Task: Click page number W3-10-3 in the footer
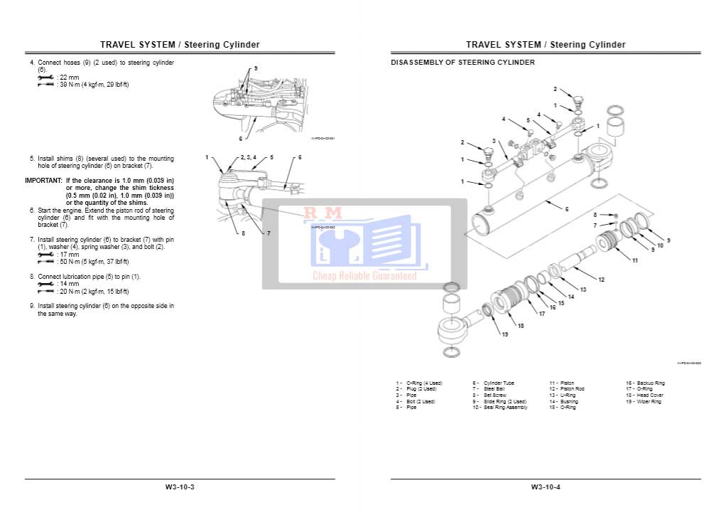click(180, 487)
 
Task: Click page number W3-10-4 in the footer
click(545, 487)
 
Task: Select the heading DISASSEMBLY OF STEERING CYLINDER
click(463, 63)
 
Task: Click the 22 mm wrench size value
click(70, 77)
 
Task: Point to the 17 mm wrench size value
click(70, 255)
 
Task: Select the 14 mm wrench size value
click(70, 284)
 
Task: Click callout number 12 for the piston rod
click(601, 280)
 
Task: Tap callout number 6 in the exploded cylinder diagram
click(566, 209)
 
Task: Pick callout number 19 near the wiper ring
click(505, 334)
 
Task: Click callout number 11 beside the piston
click(635, 260)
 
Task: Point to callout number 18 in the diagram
click(520, 326)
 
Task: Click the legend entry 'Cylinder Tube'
click(498, 383)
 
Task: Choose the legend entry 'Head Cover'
click(650, 395)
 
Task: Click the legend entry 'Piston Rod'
click(572, 389)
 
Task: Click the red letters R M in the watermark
click(313, 213)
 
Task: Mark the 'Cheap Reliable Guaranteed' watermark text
click(365, 276)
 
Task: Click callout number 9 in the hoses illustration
click(256, 68)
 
